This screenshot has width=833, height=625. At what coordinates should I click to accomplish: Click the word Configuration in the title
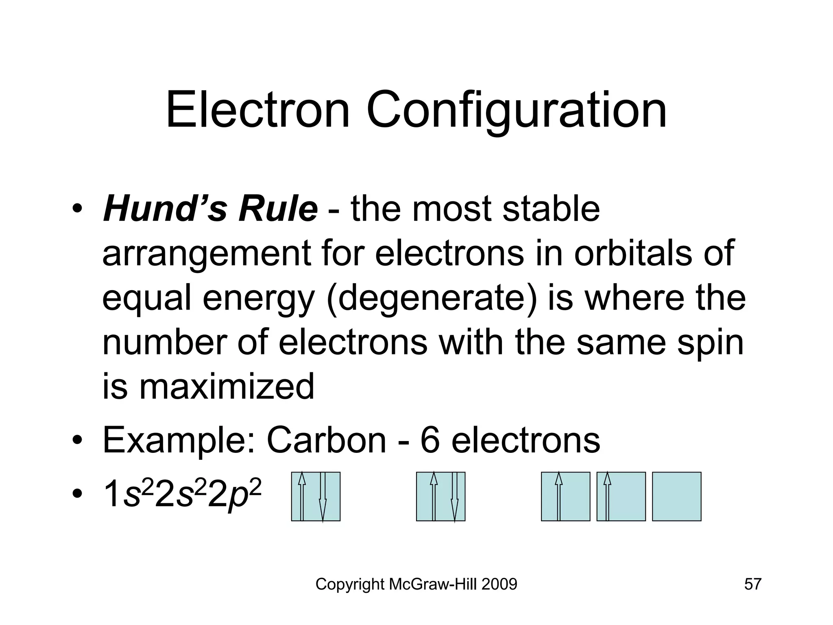pyautogui.click(x=517, y=111)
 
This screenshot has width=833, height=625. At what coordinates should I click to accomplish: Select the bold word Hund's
pyautogui.click(x=165, y=209)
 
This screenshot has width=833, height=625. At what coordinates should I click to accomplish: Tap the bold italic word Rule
pyautogui.click(x=278, y=209)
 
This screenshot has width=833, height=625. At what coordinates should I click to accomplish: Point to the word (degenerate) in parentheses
pyautogui.click(x=431, y=299)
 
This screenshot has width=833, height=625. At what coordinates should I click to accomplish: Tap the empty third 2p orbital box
pyautogui.click(x=676, y=496)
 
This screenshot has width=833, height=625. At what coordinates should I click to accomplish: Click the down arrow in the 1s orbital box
pyautogui.click(x=323, y=496)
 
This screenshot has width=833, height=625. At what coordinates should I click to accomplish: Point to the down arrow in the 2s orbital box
pyautogui.click(x=455, y=496)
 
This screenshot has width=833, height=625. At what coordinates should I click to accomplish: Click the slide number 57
pyautogui.click(x=752, y=584)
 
